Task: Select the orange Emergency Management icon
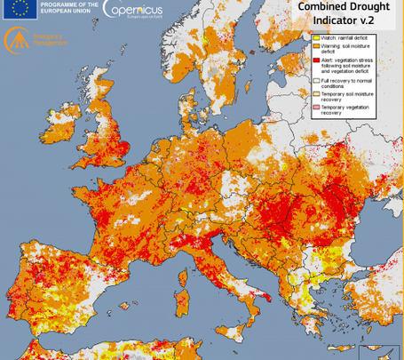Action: coord(16,39)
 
